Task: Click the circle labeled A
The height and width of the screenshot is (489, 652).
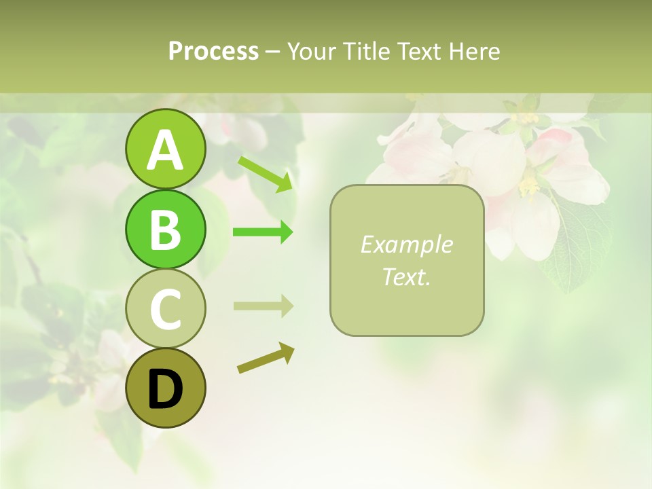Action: click(165, 149)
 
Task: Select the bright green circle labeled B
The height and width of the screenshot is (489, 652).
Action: click(165, 229)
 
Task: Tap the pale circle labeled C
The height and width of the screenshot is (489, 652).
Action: click(165, 308)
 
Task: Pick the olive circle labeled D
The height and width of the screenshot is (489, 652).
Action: click(165, 388)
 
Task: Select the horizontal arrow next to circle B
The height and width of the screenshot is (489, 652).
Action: click(263, 232)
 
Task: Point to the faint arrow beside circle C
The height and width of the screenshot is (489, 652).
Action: click(263, 306)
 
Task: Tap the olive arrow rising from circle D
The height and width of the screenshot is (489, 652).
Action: click(266, 359)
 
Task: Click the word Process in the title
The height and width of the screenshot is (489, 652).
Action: click(213, 51)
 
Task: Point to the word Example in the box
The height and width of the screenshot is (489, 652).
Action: click(406, 244)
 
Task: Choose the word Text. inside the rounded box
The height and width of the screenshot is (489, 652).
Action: click(406, 276)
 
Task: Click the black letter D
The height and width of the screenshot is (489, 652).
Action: click(165, 389)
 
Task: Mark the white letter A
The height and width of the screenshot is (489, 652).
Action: click(165, 150)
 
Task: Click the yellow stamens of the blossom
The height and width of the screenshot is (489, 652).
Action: click(529, 182)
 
